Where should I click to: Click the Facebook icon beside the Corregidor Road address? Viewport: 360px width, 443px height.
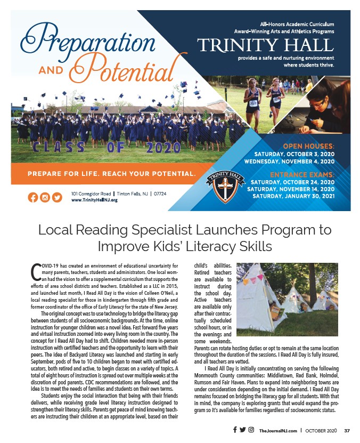[x=32, y=197]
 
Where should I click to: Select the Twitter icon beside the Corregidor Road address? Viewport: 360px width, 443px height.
[x=57, y=197]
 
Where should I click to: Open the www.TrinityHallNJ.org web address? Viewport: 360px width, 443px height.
[x=94, y=200]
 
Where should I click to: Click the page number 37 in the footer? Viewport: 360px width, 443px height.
[x=347, y=430]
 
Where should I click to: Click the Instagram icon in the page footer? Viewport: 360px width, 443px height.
[x=251, y=430]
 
